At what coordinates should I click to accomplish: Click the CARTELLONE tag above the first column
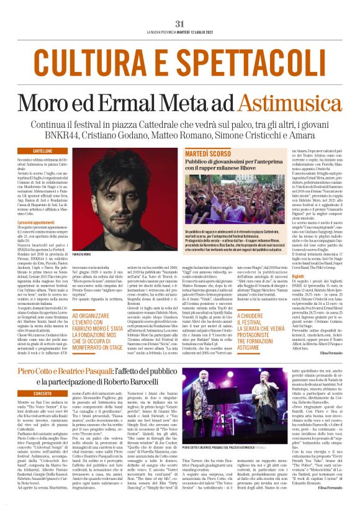point(43,151)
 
